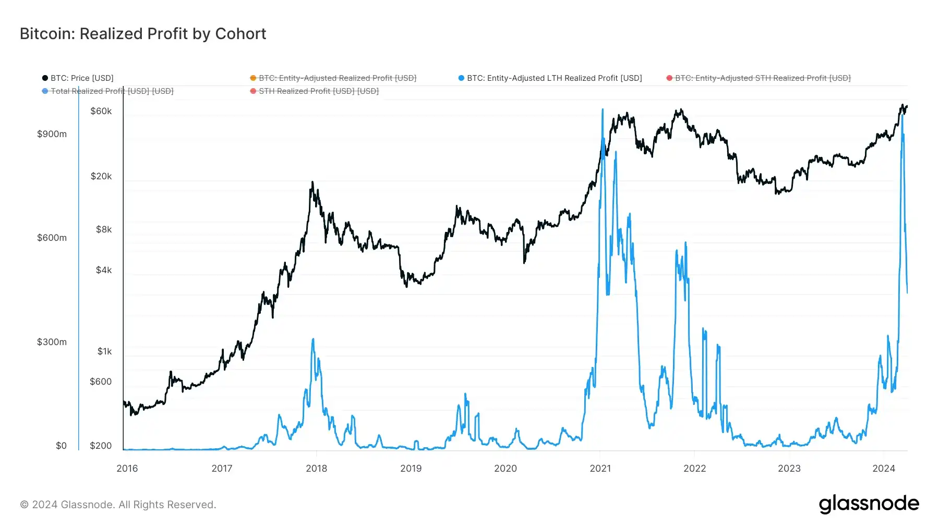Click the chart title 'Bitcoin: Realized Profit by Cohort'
pyautogui.click(x=143, y=34)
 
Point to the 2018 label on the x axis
pyautogui.click(x=316, y=468)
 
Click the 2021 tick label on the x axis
pyautogui.click(x=600, y=468)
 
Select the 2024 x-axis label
pyautogui.click(x=884, y=468)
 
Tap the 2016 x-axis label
pyautogui.click(x=127, y=468)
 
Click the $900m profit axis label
pyautogui.click(x=52, y=134)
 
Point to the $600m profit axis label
pyautogui.click(x=52, y=238)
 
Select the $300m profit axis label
pyautogui.click(x=52, y=342)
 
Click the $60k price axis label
pyautogui.click(x=101, y=111)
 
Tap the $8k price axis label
pyautogui.click(x=104, y=229)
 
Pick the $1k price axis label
pyautogui.click(x=104, y=351)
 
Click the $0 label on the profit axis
pyautogui.click(x=61, y=446)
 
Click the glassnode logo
pyautogui.click(x=869, y=504)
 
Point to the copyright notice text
pyautogui.click(x=118, y=505)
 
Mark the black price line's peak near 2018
pyautogui.click(x=312, y=182)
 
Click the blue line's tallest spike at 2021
pyautogui.click(x=603, y=109)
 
